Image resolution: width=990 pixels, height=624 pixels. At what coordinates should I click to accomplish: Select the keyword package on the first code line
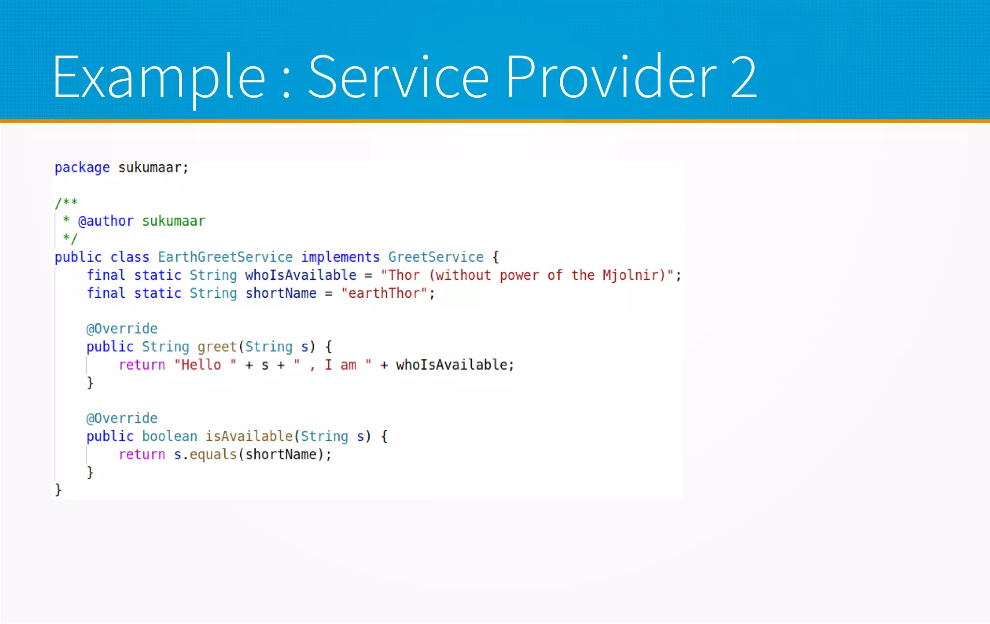click(82, 168)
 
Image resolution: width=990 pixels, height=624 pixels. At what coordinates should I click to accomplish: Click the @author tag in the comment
click(106, 221)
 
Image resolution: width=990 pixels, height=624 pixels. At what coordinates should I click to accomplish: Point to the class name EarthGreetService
click(225, 257)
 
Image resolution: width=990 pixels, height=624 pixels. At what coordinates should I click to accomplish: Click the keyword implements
click(340, 257)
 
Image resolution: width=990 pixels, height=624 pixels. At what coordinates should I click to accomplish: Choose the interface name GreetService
click(436, 257)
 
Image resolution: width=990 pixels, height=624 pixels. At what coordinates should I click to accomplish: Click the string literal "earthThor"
click(384, 293)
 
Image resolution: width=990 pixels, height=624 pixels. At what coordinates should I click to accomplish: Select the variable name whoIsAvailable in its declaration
click(301, 276)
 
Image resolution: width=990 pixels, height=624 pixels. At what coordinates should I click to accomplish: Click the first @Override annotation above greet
click(122, 329)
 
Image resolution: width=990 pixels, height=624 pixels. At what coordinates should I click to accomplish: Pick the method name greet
click(217, 347)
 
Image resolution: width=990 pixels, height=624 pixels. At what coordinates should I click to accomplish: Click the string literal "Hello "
click(205, 365)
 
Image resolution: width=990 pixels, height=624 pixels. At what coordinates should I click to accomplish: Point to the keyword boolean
click(170, 436)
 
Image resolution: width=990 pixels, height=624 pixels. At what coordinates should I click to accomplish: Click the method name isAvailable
click(249, 436)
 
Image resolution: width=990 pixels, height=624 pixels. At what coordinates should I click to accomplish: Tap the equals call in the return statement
click(213, 455)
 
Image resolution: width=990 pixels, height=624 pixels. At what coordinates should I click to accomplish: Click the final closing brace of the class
click(58, 490)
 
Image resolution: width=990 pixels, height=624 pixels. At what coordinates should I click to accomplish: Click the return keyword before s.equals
click(142, 455)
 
